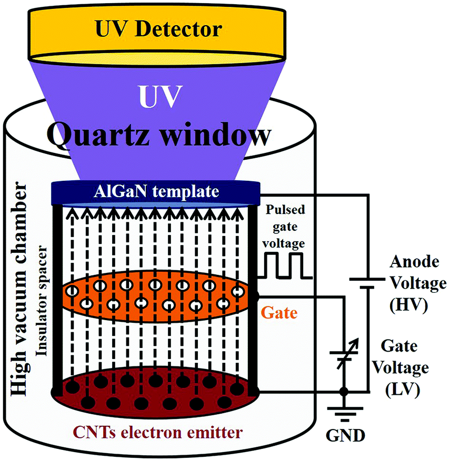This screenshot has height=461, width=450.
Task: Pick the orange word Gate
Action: [279, 314]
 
